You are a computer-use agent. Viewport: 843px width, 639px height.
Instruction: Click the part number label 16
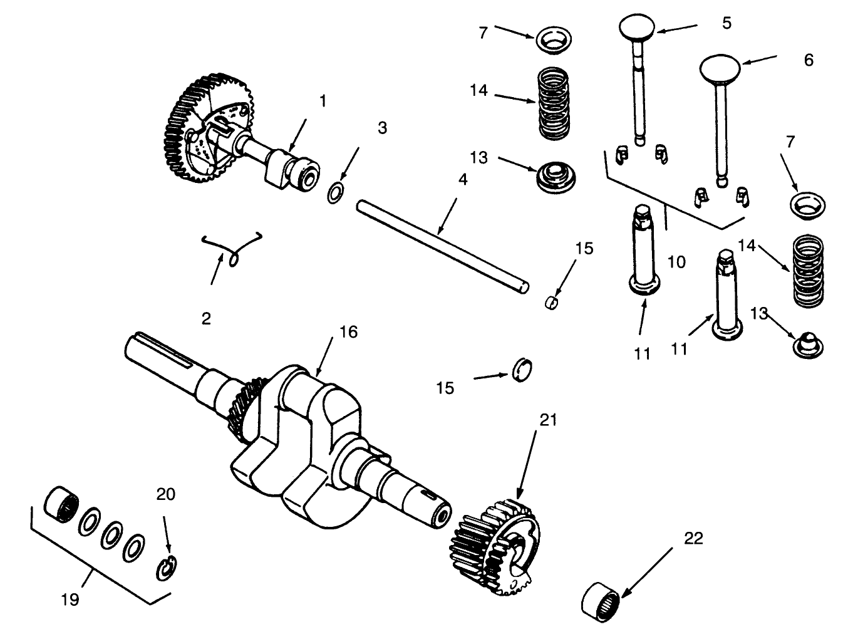click(348, 331)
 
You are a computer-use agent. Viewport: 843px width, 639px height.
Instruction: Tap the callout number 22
click(693, 538)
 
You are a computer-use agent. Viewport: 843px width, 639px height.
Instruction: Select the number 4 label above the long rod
click(462, 180)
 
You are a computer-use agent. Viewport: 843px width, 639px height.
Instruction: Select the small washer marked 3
click(335, 192)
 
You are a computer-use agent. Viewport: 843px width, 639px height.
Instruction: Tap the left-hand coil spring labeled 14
click(555, 103)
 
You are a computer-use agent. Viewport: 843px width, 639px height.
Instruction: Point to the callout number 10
click(676, 262)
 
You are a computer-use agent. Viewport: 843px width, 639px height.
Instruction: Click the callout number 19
click(70, 600)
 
